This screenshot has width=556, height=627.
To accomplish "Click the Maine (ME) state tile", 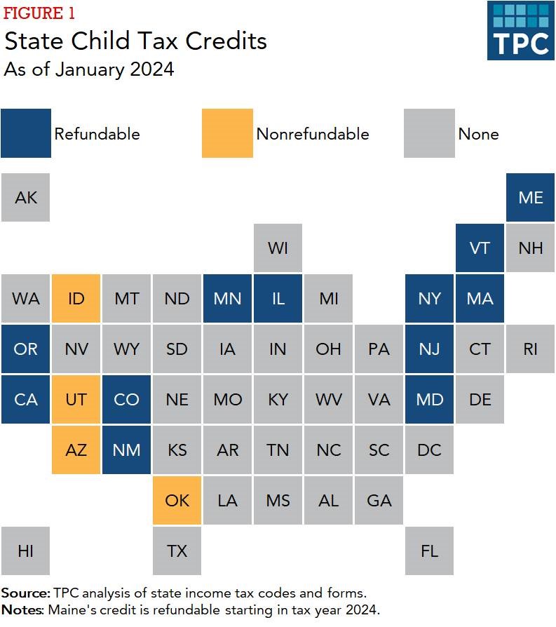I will [530, 198].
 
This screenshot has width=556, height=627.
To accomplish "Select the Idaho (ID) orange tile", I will [76, 299].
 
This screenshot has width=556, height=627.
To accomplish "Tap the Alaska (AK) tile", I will [26, 198].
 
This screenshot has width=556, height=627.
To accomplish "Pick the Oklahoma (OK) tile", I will [177, 501].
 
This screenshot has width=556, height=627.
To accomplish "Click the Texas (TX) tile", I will [177, 551].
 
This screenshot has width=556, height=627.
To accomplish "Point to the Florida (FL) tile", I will [429, 551].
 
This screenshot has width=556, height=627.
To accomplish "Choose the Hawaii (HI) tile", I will [26, 551].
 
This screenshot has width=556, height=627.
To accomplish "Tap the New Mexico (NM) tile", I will [127, 450].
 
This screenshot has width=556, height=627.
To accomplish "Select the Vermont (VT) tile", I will [480, 248].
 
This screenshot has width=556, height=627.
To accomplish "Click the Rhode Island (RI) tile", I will [530, 349].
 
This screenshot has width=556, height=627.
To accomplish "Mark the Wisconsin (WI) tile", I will [278, 248].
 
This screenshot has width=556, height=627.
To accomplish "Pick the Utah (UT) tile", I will [76, 400].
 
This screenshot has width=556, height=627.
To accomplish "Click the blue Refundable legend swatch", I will [26, 133].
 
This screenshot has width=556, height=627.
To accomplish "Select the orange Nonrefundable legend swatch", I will [227, 133].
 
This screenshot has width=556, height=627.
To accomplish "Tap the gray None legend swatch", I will [429, 133].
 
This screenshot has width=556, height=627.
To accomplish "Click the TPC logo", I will [520, 30].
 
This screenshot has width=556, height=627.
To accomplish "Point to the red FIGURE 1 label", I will [40, 13].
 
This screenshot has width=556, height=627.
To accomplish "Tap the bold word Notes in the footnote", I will [22, 609].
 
